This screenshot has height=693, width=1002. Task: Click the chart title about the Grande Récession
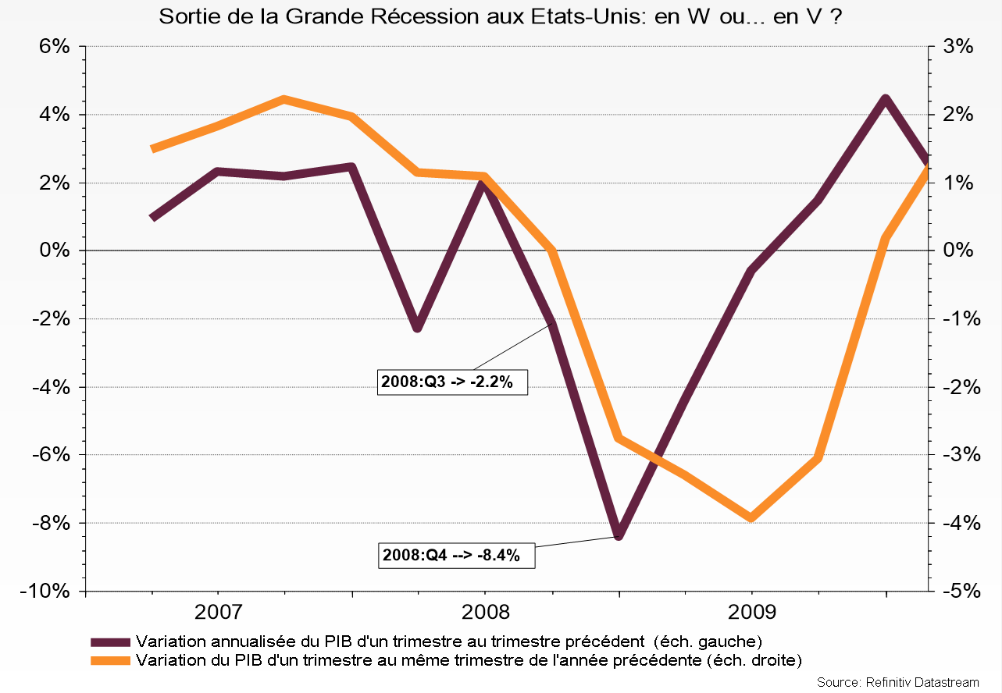501,16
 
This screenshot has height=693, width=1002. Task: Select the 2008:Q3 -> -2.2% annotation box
452,382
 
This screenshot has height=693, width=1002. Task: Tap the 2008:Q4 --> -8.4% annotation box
456,556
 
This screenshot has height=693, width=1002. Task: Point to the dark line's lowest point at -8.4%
619,535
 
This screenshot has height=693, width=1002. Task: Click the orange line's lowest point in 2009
751,517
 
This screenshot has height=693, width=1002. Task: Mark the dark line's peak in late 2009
885,99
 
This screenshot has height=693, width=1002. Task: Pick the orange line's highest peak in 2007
284,100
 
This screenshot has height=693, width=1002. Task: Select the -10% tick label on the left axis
48,591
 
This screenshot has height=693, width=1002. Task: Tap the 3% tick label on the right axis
957,47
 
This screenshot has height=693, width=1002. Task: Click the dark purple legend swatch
110,642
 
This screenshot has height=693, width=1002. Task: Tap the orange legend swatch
110,660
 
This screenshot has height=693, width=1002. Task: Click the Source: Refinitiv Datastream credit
897,682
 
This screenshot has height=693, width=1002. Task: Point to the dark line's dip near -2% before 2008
418,327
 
